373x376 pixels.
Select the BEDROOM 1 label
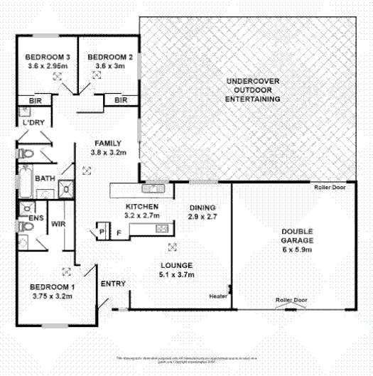tap(51, 287)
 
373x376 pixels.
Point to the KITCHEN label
tap(141, 206)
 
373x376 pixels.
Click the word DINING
tap(202, 207)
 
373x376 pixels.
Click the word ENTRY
tap(114, 284)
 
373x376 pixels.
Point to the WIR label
tap(58, 225)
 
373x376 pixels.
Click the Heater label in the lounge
tap(217, 296)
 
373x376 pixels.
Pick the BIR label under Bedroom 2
tap(120, 101)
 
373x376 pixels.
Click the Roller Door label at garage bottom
tap(291, 301)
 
